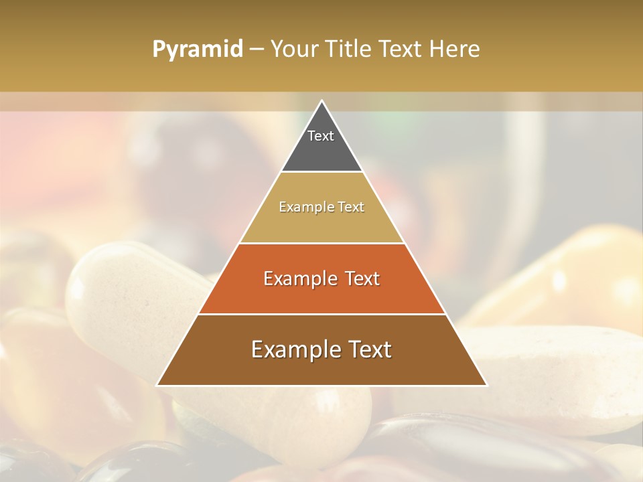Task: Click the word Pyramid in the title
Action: click(197, 50)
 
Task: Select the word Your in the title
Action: click(294, 50)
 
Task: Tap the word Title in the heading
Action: click(350, 50)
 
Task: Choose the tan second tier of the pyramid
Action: click(321, 221)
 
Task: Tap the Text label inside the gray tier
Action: click(321, 136)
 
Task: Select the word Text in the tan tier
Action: click(352, 208)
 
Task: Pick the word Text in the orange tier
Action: click(360, 278)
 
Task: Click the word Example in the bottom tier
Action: click(293, 349)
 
